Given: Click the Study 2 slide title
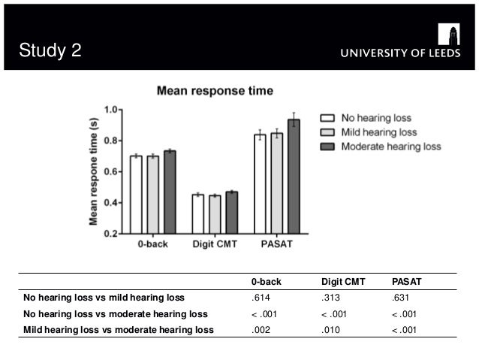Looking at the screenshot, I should pos(50,52).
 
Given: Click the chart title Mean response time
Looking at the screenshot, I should pos(215,91).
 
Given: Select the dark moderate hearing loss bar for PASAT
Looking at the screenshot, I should pos(294,177).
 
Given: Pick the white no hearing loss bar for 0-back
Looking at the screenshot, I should pos(136,195).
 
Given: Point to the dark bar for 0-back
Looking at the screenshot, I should pos(170,192).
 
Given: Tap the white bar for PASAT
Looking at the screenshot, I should pos(260,184).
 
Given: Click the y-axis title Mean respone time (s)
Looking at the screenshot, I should pos(94,171).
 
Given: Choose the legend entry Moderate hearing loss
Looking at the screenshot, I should pos(391,146).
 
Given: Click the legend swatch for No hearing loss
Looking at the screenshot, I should pos(327,118).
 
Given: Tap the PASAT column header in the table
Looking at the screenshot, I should pos(407,282).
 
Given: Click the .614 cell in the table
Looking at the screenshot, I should pos(260,298).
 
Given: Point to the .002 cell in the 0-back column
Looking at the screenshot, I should pos(260,329).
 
